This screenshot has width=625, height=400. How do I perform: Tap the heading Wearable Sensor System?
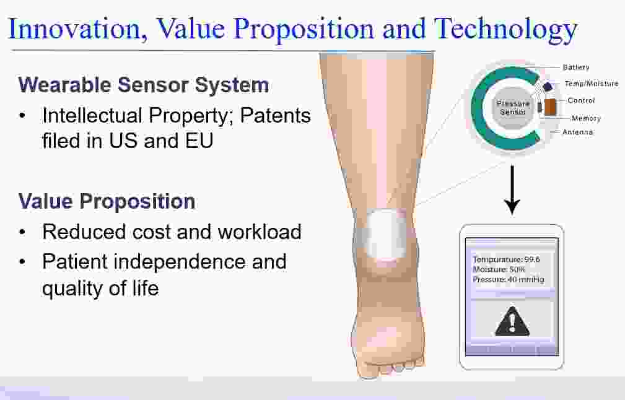tap(144, 85)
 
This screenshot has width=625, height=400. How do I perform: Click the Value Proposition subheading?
tap(107, 201)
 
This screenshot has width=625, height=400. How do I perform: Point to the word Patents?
tap(276, 116)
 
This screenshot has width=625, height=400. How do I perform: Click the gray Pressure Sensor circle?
tap(512, 108)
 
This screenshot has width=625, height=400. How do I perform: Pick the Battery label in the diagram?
tap(576, 67)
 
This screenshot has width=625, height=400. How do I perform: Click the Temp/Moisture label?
tap(592, 84)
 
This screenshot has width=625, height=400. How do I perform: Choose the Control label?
tap(581, 100)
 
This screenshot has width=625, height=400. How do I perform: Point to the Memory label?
tap(586, 118)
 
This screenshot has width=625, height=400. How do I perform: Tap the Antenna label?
tap(577, 132)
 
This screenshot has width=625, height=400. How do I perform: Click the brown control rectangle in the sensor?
tap(550, 107)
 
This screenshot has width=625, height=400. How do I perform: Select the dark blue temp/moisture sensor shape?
tap(548, 86)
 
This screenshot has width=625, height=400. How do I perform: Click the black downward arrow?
tap(512, 190)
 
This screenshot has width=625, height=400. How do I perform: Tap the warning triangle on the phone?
tap(512, 321)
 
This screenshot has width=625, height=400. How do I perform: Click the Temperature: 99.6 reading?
tap(506, 259)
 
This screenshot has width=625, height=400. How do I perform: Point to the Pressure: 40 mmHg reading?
tap(508, 279)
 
